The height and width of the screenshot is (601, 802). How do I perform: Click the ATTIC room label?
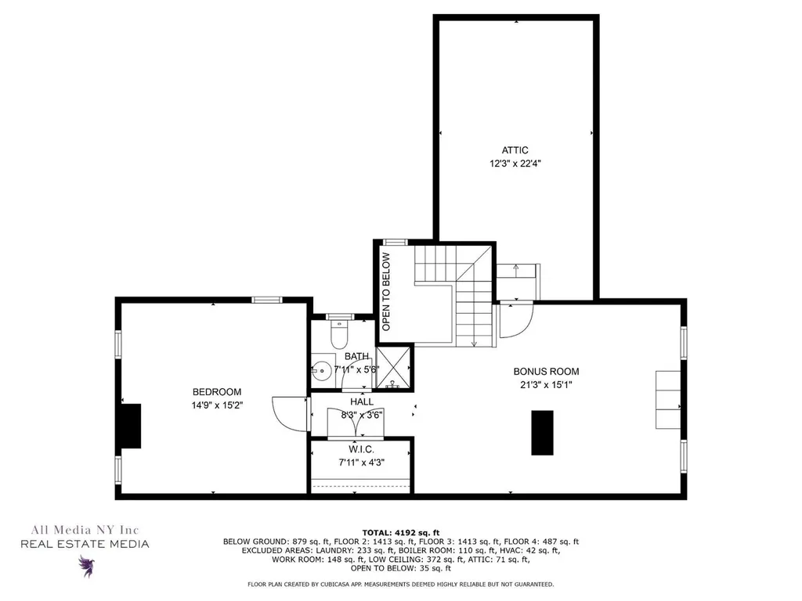[x=515, y=150]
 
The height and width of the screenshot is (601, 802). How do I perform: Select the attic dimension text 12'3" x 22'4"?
[x=515, y=164]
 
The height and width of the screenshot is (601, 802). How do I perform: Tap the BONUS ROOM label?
[x=546, y=372]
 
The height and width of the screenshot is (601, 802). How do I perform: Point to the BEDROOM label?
[x=217, y=392]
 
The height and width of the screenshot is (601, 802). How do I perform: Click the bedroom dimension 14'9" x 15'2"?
[x=217, y=405]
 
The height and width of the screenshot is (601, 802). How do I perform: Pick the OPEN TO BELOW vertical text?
[x=386, y=291]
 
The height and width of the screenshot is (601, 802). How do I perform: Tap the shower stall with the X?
[x=393, y=368]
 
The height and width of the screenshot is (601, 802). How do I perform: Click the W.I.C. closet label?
[x=362, y=450]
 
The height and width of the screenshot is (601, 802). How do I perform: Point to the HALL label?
[x=362, y=402]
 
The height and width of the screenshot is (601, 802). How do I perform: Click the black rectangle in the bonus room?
[x=542, y=433]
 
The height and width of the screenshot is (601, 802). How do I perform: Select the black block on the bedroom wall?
[x=131, y=426]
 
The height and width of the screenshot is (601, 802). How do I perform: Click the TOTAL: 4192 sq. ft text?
[x=401, y=532]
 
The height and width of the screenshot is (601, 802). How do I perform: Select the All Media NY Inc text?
[x=85, y=530]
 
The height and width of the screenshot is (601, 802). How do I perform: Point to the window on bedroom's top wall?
[x=266, y=300]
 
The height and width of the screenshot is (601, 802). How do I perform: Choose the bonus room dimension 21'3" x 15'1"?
[x=546, y=385]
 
